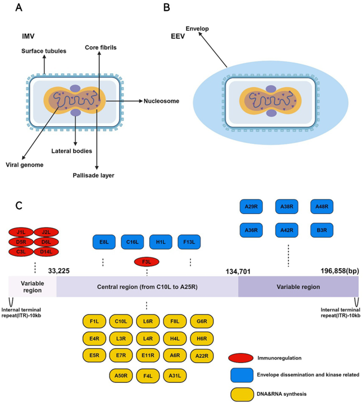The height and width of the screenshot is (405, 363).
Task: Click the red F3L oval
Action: click(147, 261)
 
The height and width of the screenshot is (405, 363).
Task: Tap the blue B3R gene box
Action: click(322, 228)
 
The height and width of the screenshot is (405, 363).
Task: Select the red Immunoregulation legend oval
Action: click(245, 358)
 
